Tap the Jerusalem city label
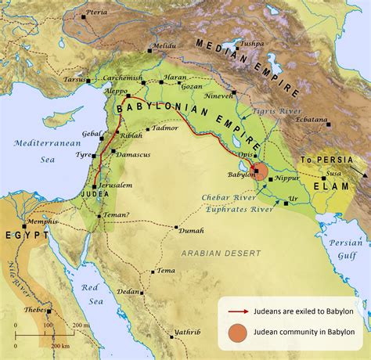[x=116, y=185]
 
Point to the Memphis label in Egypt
[x=41, y=221]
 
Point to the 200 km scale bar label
[x=60, y=344]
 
